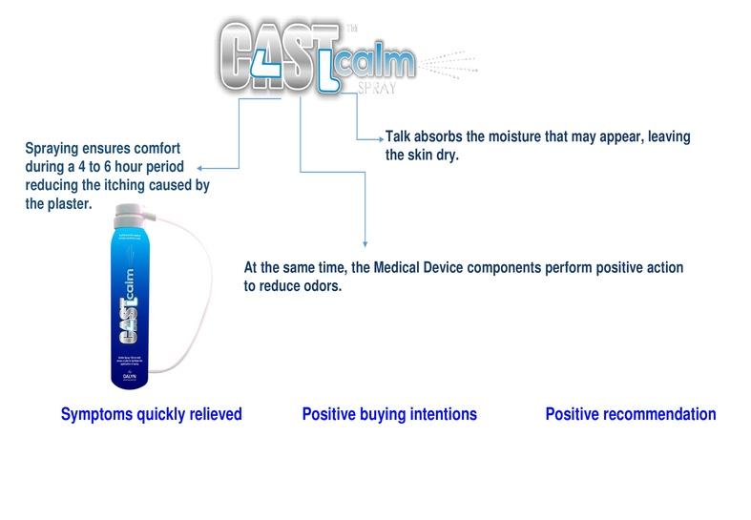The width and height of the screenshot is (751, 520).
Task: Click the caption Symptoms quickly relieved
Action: [x=151, y=415]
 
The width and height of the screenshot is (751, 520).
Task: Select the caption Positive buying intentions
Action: [x=388, y=415]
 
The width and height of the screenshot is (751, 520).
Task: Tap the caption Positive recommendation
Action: [x=630, y=415]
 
